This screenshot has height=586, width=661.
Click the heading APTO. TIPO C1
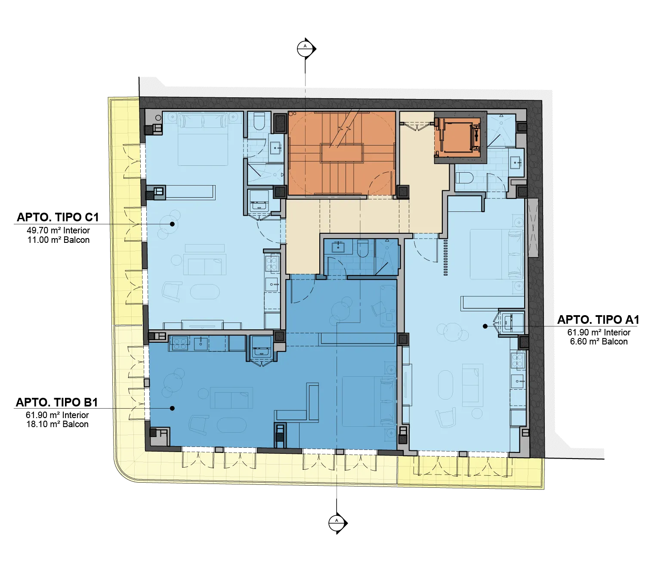57,217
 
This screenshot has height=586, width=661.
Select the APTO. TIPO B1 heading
57,402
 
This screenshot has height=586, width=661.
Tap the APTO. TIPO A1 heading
598,319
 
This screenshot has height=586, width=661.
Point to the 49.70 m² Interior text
58,230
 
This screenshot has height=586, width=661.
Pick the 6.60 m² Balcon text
599,341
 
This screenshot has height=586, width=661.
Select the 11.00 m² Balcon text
59,240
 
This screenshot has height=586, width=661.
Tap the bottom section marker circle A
337,523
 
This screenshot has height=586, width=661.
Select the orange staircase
341,153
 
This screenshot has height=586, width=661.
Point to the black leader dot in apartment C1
172,224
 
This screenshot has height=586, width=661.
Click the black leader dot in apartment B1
172,408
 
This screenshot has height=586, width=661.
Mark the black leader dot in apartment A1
485,326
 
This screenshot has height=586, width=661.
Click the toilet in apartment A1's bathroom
464,178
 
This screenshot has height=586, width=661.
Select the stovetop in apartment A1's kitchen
517,360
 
